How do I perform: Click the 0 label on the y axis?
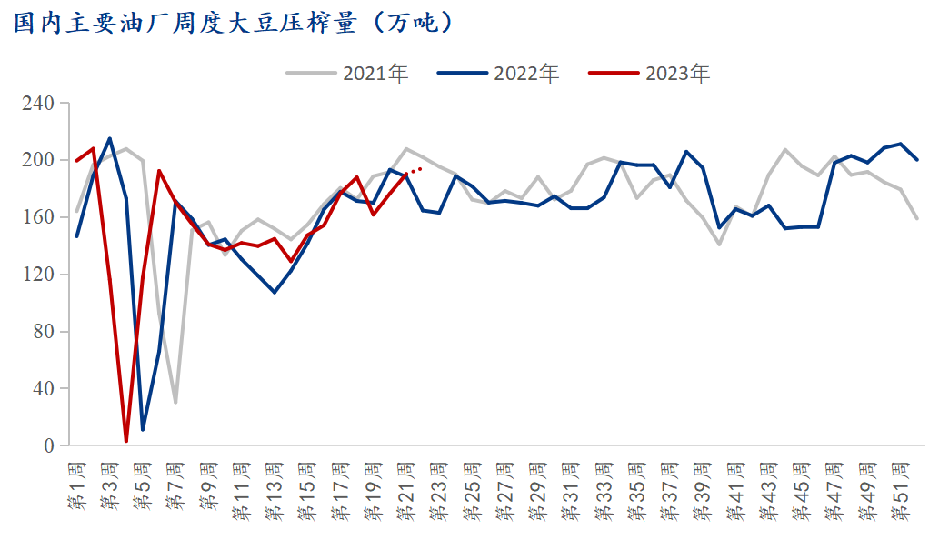49,446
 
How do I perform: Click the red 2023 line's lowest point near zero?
126,441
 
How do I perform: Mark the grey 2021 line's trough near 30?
175,402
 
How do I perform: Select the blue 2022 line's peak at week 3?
110,139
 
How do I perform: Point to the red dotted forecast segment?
415,170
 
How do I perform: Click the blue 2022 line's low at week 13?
275,292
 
